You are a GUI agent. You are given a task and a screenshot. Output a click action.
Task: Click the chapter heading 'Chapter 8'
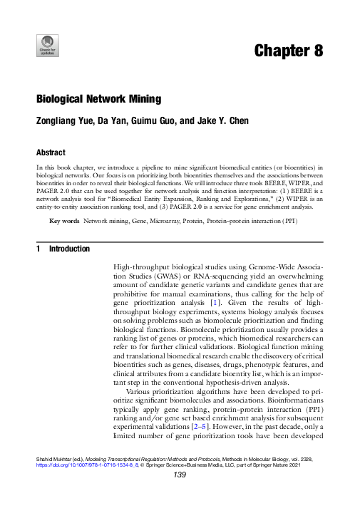pyautogui.click(x=289, y=51)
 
